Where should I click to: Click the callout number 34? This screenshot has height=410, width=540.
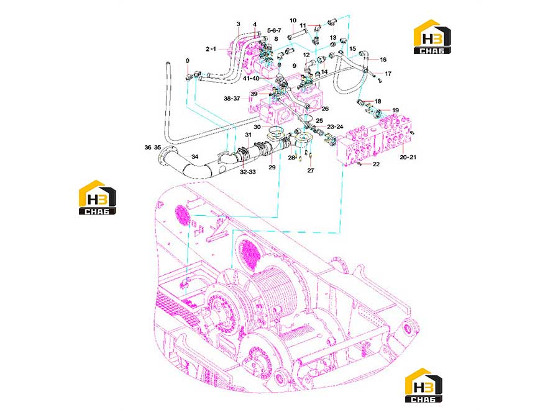point(195,157)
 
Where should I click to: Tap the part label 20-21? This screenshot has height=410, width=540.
point(408,157)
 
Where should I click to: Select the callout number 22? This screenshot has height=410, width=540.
point(376,164)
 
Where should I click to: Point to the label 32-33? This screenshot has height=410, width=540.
point(247,171)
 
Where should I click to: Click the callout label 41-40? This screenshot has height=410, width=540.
point(250,78)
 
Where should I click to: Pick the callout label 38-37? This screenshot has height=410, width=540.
point(232,99)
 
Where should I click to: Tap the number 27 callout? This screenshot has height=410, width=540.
point(311,171)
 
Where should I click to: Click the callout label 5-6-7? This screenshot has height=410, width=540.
point(274,30)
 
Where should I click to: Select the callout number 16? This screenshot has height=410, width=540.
point(383,60)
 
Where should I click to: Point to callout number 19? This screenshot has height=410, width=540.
point(395,110)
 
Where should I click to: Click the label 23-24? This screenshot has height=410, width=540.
point(335,127)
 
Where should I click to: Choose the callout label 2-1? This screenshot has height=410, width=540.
point(211,49)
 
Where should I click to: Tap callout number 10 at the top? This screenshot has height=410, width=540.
point(293,20)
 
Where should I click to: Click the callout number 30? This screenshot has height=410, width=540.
point(257,127)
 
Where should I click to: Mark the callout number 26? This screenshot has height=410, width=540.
point(325,109)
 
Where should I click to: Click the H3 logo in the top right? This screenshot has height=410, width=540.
point(432,37)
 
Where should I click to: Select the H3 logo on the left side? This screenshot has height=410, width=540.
point(98,198)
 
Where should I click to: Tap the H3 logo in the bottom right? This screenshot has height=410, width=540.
point(424,385)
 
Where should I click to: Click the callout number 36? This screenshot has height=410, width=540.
point(148,148)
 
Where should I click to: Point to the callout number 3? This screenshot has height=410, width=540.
point(239,24)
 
